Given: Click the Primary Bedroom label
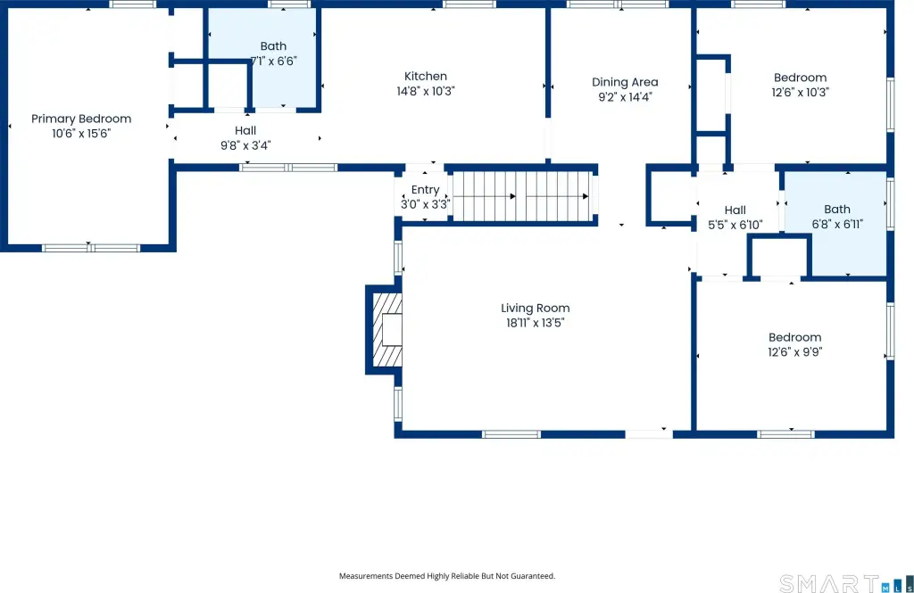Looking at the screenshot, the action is pos(81,119).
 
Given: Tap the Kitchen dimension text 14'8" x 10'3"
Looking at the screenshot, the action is pos(426,91).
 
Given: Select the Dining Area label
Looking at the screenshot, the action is pos(625,82).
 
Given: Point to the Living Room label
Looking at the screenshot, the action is pos(536,309).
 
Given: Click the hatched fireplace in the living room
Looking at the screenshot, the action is pos(386,330).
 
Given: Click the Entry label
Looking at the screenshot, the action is pos(425,189).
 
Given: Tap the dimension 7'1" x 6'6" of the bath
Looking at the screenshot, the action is pos(273,61).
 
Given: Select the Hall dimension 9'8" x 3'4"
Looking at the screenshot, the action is pos(245,145).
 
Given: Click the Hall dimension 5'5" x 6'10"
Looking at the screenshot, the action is pos(735,225).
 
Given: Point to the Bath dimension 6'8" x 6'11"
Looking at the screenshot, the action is pos(837,224).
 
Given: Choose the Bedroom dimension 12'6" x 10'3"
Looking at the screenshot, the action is pos(801,92).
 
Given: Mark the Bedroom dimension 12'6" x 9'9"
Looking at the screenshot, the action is pos(795,352).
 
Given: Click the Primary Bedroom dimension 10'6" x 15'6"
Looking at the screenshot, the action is pos(81,134).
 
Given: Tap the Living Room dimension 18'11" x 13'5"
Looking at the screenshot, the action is pos(536,323).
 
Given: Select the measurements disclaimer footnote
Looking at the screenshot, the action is pos(447,576).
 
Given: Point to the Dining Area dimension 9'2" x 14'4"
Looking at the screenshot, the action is pos(625,96).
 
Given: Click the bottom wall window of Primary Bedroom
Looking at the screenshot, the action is pos(91,248).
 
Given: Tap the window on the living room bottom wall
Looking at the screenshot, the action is pos(511,434).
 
